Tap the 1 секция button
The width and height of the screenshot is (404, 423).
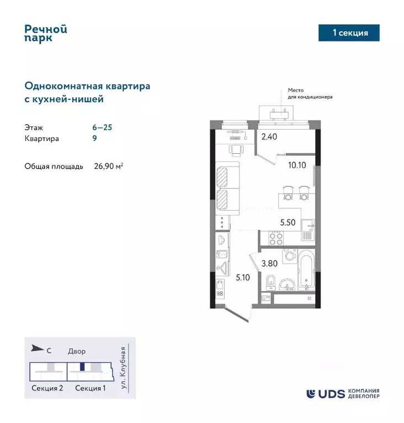350,33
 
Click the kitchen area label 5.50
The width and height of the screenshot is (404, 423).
288,223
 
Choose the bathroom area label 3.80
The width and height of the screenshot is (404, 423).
269,264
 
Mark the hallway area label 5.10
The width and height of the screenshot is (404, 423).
242,277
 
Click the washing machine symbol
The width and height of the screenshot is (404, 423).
288,258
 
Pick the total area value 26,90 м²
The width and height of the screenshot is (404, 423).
107,165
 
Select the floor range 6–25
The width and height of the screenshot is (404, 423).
102,127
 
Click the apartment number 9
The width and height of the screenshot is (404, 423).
94,139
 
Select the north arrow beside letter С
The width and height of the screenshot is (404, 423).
36,347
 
